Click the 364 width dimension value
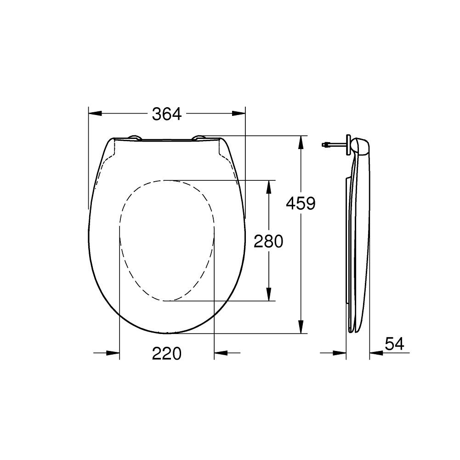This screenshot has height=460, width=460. (167, 114)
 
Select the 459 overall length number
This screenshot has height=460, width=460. (301, 203)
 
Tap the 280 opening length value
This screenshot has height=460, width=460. (268, 241)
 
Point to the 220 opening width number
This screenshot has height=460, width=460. (167, 353)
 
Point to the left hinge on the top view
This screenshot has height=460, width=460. (136, 137)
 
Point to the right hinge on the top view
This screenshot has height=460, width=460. (199, 137)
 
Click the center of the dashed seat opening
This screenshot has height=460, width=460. (167, 241)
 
